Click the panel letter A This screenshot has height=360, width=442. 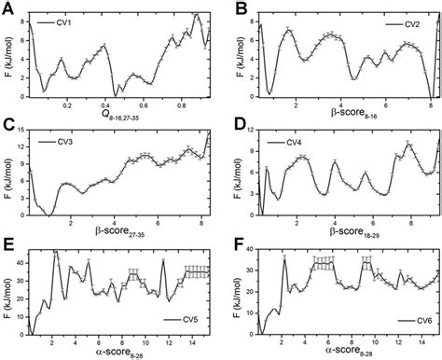click(8, 8)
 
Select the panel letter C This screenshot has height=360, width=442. click(8, 125)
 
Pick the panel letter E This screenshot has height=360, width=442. click(8, 244)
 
